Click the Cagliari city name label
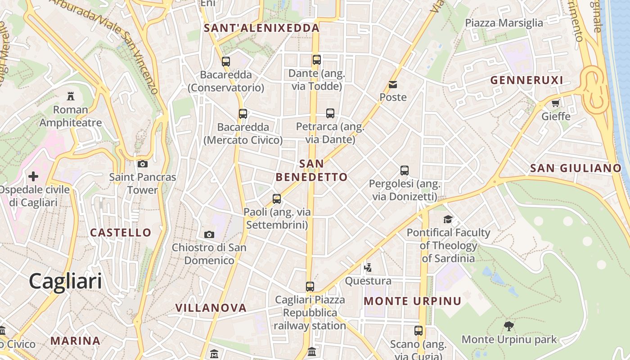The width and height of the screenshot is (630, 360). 65,282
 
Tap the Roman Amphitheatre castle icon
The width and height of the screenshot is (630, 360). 70,96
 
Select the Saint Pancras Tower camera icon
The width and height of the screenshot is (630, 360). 143,164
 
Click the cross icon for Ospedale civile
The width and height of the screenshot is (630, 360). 33,176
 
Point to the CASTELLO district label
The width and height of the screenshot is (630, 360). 121,233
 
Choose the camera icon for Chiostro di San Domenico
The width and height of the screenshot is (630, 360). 209,234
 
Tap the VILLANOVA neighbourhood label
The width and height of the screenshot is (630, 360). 211,308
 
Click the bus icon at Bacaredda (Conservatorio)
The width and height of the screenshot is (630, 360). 226,61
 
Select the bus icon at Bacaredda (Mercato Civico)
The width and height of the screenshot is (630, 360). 243,114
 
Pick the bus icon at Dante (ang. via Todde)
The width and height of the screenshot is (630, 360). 317,59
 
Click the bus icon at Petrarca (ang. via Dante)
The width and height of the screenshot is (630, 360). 330,113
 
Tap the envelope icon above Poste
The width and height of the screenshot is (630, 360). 393,84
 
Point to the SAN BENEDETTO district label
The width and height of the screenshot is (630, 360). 311,171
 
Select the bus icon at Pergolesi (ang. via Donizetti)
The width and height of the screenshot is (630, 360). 405,171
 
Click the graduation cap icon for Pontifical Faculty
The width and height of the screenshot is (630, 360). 448,219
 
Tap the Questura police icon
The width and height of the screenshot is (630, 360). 368,268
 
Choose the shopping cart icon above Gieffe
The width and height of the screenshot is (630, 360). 556,103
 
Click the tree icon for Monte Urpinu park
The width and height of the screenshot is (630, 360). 509,326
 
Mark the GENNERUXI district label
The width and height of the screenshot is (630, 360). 526,81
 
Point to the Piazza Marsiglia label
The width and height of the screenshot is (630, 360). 504,23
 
